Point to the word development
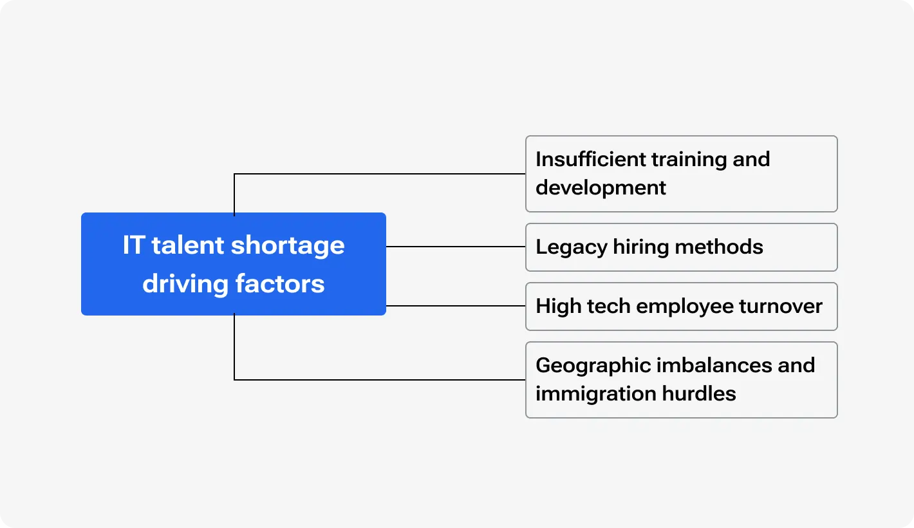(601, 187)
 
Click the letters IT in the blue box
(133, 245)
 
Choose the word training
(688, 159)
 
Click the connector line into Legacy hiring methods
(456, 247)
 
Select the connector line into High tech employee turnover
(456, 306)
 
